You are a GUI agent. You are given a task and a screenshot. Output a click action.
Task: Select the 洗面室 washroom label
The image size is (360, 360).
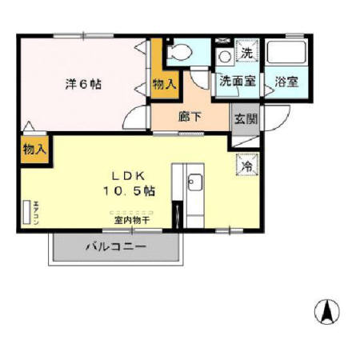tap(238, 81)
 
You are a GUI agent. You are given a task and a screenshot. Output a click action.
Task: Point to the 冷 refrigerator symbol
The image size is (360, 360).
tap(247, 166)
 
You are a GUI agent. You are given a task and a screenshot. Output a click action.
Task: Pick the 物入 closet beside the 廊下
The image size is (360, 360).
tap(163, 84)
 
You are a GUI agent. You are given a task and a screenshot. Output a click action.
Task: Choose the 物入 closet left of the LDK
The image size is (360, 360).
tap(34, 149)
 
